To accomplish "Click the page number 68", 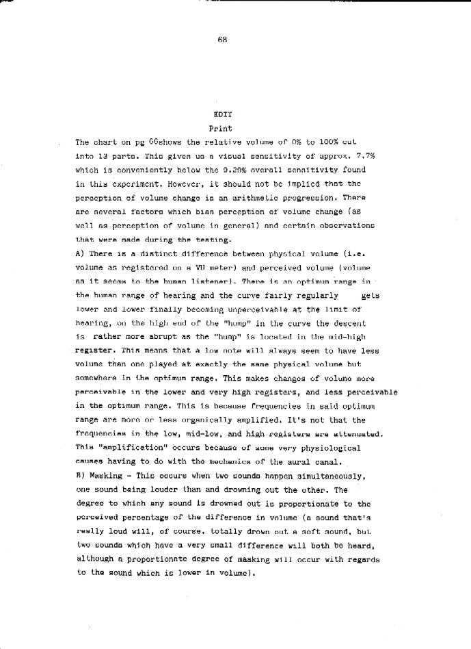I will point(222,40).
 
